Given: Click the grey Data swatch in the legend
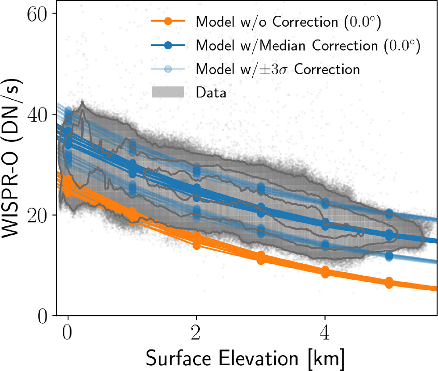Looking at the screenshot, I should click(169, 93).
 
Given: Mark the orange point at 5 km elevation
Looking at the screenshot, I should click(389, 283).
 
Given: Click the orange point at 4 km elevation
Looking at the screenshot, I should click(325, 272).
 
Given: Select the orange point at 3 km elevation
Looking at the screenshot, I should click(261, 258).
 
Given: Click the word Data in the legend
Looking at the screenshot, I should click(211, 93).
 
